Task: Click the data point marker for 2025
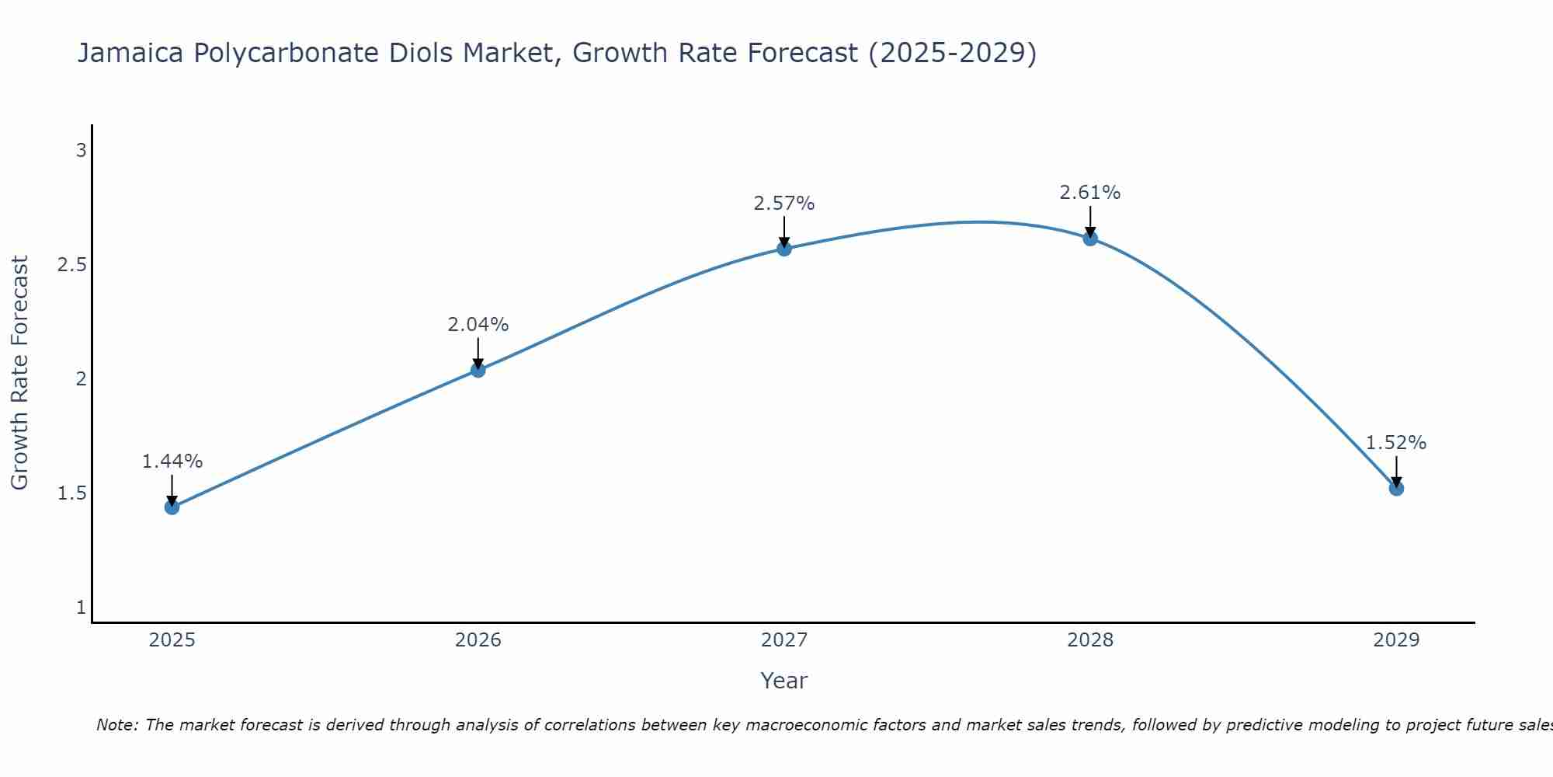172,507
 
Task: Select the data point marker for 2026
478,370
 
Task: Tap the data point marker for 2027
784,249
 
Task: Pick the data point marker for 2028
1090,239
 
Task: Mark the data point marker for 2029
1396,489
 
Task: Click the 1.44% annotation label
172,462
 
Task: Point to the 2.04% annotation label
478,325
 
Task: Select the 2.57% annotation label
784,204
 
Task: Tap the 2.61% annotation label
1090,193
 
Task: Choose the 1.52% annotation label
1396,443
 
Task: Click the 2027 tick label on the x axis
784,640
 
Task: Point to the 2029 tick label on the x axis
1396,640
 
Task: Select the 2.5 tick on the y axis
71,265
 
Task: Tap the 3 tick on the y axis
81,151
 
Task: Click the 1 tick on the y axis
81,608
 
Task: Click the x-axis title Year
784,681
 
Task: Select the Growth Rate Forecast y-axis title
19,373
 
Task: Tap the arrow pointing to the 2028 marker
1090,221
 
